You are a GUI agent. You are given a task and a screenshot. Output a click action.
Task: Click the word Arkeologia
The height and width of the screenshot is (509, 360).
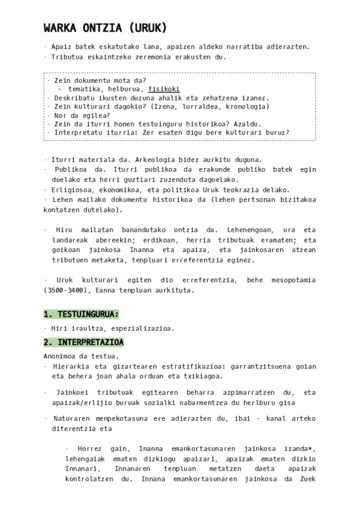pyautogui.click(x=143, y=160)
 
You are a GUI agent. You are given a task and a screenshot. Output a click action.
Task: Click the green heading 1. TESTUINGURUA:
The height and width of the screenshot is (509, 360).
pyautogui.click(x=81, y=314)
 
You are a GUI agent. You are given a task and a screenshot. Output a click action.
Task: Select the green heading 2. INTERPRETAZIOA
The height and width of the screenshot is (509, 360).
pyautogui.click(x=83, y=342)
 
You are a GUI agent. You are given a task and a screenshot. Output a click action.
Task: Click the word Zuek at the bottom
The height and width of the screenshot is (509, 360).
pyautogui.click(x=307, y=479)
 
